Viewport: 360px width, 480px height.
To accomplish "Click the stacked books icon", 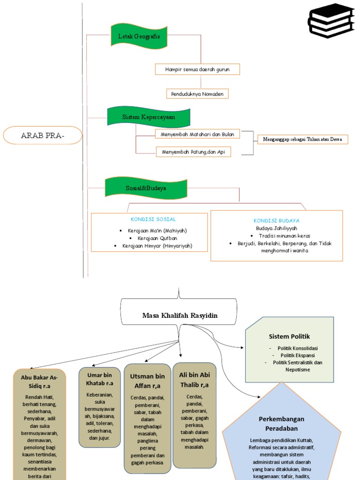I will click(331, 21).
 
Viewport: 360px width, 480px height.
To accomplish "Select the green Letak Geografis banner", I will click(139, 36).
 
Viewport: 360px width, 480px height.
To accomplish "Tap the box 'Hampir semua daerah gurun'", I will click(198, 69).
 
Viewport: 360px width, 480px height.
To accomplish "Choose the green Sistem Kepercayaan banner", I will click(149, 117).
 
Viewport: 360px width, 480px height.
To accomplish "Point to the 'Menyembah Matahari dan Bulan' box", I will click(197, 134).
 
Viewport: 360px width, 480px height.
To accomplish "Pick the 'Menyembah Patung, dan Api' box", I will click(193, 152).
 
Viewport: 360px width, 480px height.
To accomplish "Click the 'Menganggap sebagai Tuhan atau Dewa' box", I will click(303, 139).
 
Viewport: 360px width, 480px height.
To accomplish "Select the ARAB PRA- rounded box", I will click(43, 135).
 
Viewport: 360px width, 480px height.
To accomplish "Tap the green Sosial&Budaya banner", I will click(146, 187).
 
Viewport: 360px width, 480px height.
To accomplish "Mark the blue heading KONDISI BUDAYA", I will click(277, 220).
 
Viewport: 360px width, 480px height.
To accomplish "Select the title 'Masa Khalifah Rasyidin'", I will click(180, 315).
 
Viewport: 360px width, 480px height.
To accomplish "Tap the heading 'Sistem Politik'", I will click(289, 337).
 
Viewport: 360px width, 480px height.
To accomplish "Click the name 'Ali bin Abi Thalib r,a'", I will click(194, 380).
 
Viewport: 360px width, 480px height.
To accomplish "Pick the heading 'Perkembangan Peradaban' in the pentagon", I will click(281, 423).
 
